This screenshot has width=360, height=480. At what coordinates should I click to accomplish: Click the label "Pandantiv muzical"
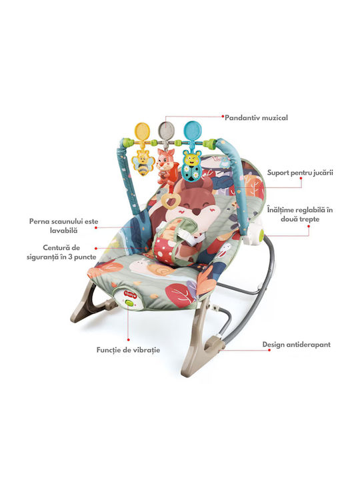click(256, 117)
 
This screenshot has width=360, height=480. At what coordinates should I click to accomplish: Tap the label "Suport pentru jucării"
click(300, 173)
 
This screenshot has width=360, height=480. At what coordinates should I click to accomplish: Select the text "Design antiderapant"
click(296, 345)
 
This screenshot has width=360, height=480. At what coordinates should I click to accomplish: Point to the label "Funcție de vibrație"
click(128, 350)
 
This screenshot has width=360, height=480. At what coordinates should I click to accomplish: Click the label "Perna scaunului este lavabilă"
click(64, 225)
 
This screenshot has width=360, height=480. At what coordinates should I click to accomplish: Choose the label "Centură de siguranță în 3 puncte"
click(61, 252)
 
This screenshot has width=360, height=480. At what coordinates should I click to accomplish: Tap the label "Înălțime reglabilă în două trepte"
click(300, 214)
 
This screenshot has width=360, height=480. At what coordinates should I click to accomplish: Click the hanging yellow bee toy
click(143, 162)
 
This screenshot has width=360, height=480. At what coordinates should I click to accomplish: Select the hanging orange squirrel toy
click(165, 166)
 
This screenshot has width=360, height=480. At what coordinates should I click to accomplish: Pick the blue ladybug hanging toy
click(191, 166)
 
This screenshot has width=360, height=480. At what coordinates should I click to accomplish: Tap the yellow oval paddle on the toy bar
click(143, 131)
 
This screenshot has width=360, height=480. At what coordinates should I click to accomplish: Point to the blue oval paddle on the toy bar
click(192, 131)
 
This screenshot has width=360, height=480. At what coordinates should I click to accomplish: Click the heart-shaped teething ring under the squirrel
click(169, 201)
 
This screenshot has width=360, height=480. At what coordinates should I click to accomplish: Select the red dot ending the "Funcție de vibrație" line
click(128, 339)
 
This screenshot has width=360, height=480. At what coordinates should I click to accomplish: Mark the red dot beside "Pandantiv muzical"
click(223, 116)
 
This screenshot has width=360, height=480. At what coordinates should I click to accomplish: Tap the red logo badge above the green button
click(129, 293)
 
